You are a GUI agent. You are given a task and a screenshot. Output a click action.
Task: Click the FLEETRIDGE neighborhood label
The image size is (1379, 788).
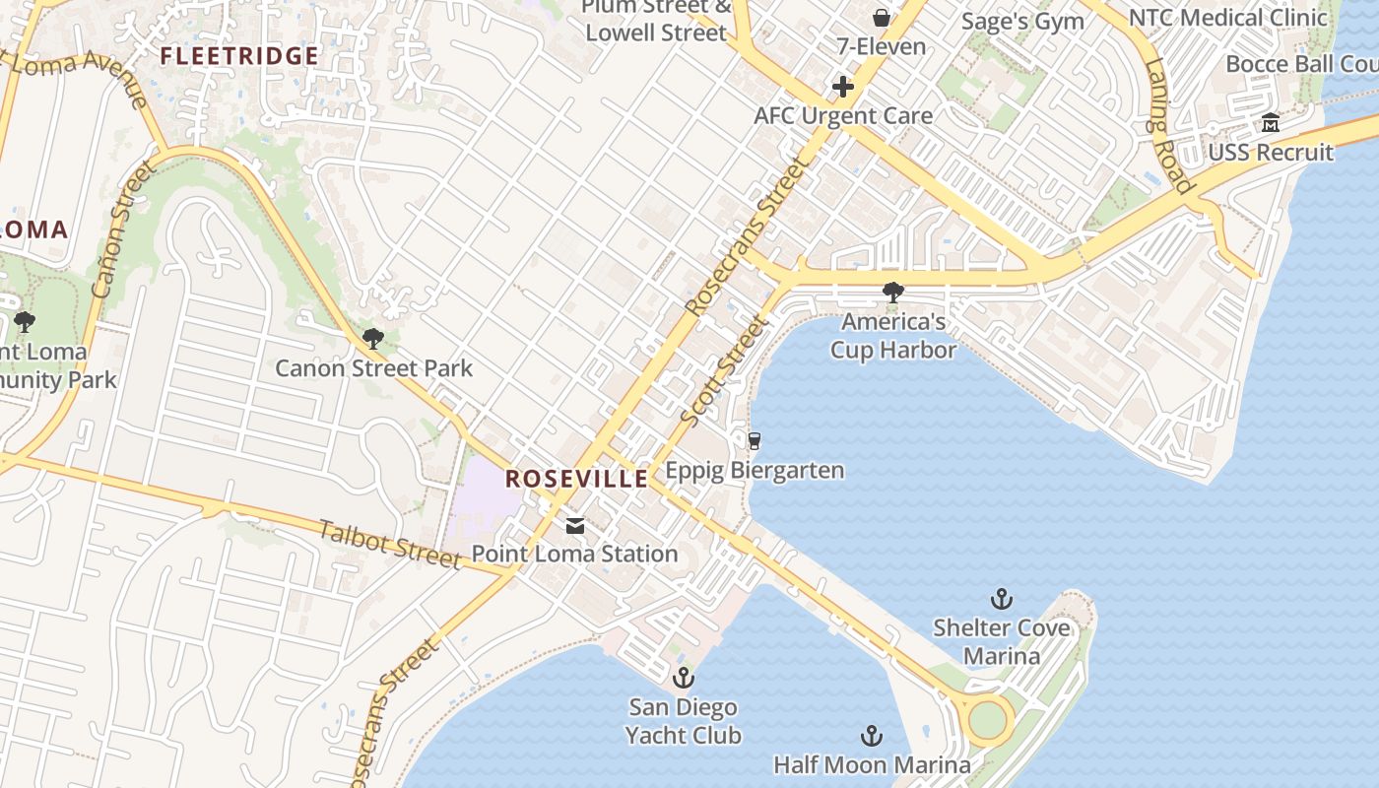click(x=239, y=56)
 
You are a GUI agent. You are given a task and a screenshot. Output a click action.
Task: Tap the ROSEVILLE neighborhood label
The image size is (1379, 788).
click(x=576, y=480)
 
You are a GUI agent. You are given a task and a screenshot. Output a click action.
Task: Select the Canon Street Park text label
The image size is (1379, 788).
click(x=373, y=368)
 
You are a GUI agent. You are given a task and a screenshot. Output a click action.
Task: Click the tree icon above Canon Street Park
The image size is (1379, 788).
click(x=372, y=340)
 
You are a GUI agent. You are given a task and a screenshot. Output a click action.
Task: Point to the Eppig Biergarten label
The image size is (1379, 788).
click(x=755, y=470)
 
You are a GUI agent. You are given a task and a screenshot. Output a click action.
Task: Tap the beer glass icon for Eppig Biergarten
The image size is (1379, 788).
click(x=755, y=441)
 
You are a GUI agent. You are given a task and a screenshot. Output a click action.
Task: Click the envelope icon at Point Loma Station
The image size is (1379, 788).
click(x=575, y=526)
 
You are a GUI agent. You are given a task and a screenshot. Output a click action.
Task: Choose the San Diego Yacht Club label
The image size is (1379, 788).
click(x=684, y=721)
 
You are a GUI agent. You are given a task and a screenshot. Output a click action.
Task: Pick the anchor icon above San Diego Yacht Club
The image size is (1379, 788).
click(x=683, y=678)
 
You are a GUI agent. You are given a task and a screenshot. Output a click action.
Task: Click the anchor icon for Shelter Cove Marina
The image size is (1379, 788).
click(x=1001, y=599)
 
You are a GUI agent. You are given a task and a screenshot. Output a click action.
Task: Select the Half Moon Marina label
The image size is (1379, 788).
click(x=872, y=764)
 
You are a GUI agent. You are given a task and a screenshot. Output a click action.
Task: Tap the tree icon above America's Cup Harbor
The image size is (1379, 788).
click(x=893, y=293)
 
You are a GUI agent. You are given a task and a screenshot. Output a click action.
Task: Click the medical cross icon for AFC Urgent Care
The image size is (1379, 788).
click(x=843, y=87)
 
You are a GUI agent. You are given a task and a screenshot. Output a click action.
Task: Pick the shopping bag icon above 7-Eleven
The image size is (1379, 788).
click(x=881, y=18)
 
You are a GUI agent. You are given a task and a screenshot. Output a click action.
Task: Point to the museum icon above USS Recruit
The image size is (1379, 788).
click(x=1271, y=124)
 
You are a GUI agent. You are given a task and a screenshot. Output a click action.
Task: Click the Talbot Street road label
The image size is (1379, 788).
click(x=390, y=545)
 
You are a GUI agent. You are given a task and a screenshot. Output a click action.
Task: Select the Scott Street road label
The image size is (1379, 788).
click(x=723, y=371)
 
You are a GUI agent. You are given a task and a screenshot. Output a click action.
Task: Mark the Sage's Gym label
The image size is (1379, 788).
click(x=1022, y=22)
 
